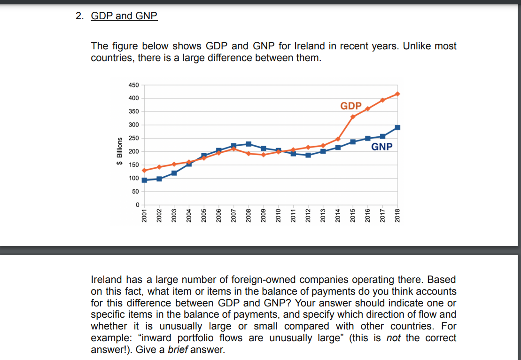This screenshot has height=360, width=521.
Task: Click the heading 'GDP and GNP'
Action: click(x=124, y=16)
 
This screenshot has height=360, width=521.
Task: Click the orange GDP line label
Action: click(x=351, y=106)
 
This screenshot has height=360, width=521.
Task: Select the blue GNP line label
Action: click(x=381, y=147)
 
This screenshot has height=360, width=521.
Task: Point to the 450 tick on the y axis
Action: click(x=133, y=85)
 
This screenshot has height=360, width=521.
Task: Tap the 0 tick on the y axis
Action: click(x=137, y=205)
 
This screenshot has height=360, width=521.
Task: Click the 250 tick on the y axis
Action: click(x=133, y=138)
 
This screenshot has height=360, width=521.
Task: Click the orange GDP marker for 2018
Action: click(x=397, y=94)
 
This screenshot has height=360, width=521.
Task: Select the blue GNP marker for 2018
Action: click(x=397, y=127)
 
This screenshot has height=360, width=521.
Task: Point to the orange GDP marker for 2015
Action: click(x=353, y=117)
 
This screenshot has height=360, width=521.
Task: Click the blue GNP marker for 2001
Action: click(x=144, y=180)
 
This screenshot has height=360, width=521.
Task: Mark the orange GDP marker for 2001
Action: click(x=144, y=171)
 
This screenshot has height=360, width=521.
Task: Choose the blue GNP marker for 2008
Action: click(x=249, y=144)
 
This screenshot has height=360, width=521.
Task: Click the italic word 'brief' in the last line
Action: click(x=176, y=350)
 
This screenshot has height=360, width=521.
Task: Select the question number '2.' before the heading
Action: click(x=79, y=16)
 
